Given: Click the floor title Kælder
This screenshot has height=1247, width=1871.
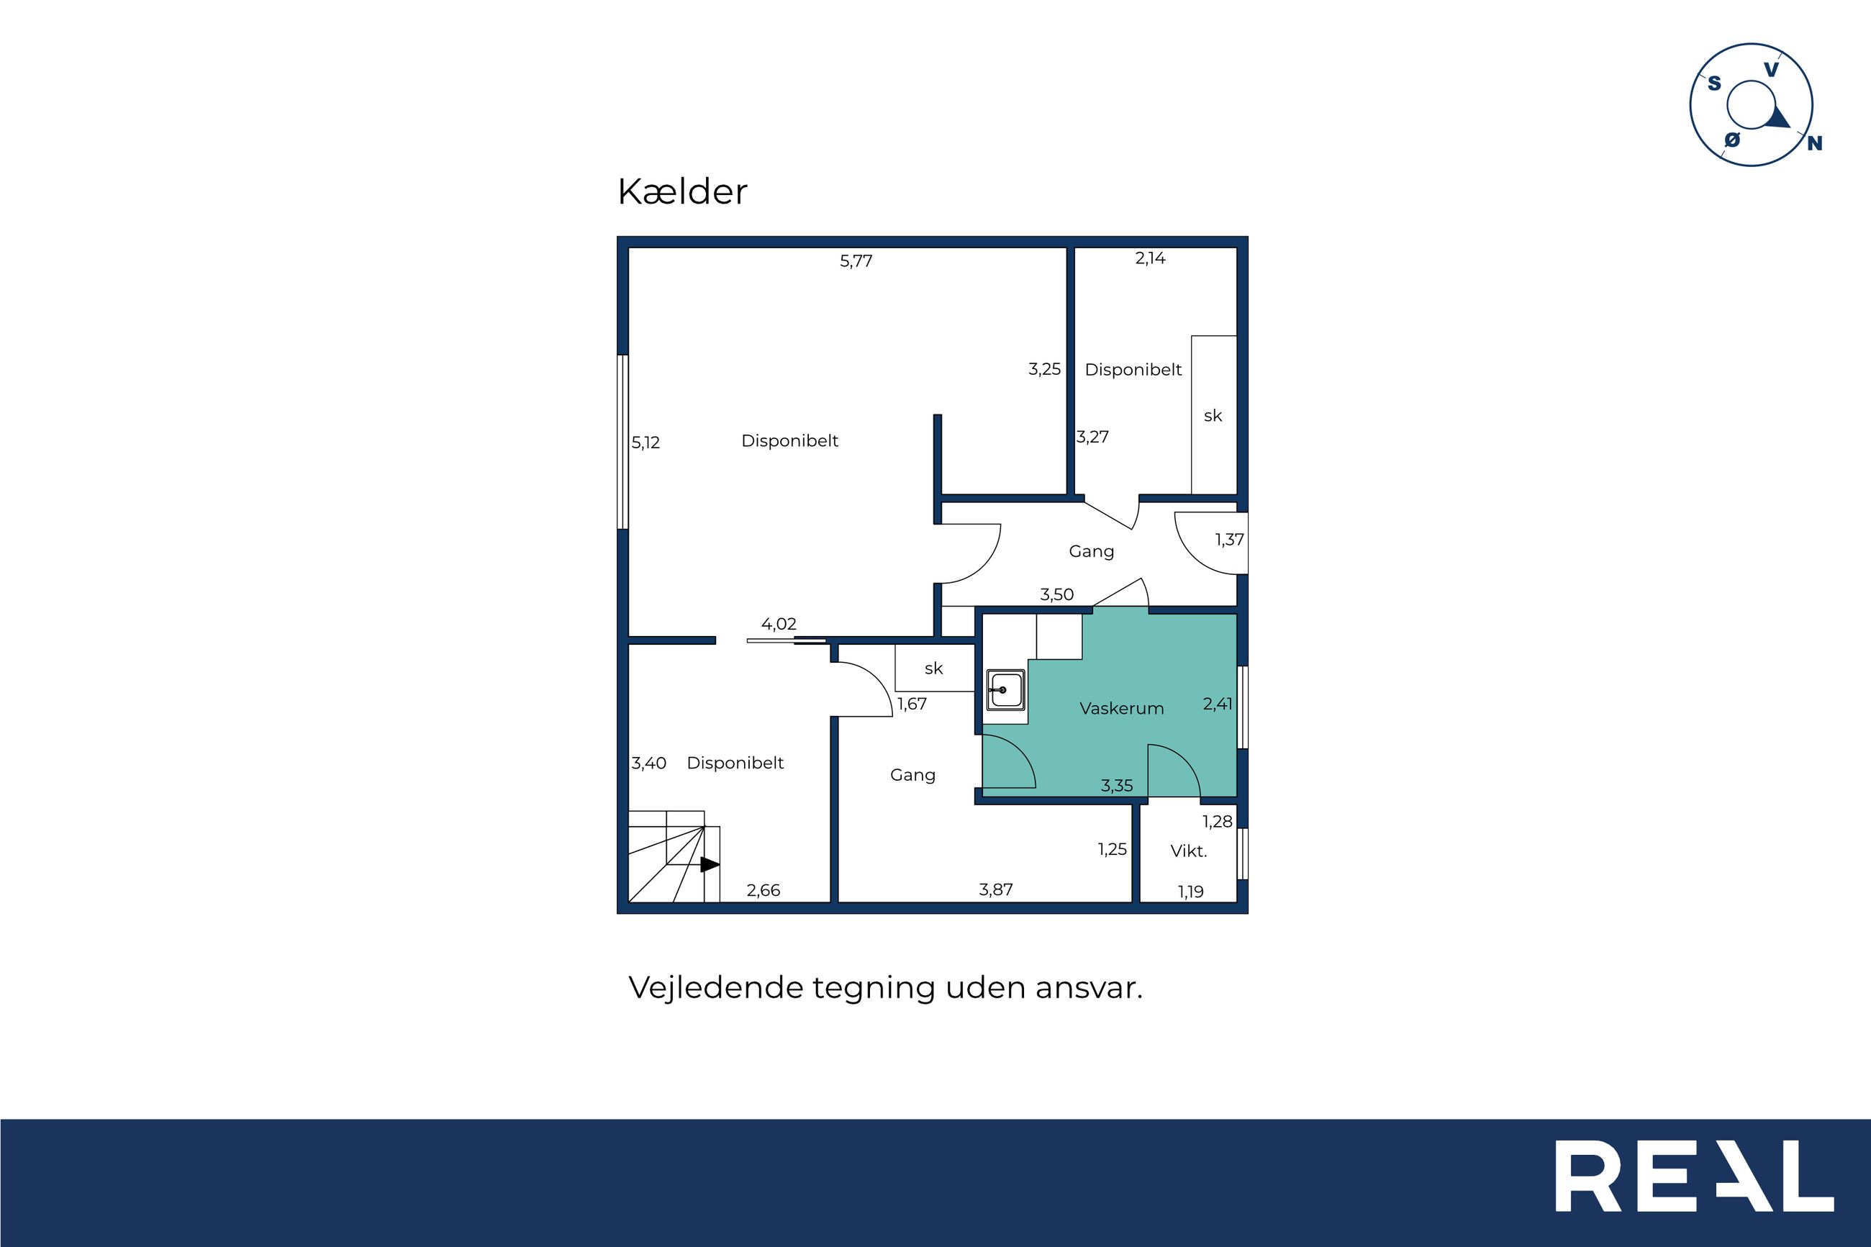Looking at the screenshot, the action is [682, 191].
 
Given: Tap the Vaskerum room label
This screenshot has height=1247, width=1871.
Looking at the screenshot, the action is [1121, 708].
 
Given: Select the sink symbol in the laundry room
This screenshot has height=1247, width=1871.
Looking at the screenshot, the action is [1006, 689].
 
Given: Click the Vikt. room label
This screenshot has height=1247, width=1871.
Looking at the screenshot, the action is [1189, 851].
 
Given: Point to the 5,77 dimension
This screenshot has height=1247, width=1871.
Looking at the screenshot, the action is [856, 261].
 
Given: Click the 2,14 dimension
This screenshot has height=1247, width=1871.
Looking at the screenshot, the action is [1150, 258].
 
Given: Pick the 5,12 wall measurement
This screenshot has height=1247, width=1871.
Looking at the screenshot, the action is [645, 443].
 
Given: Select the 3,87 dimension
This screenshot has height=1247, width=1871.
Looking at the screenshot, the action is [995, 889].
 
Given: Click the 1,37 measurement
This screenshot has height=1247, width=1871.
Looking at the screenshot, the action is [1229, 539].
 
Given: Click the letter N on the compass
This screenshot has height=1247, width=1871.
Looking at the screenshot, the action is [1815, 144].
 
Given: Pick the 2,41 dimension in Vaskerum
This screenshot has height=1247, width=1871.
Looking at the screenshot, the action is [1218, 704].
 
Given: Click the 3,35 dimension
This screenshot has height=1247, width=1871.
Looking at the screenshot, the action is [1116, 786].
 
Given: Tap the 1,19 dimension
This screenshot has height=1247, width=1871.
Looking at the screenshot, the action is [1190, 892].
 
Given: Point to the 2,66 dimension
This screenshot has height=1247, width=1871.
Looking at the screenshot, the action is [764, 890].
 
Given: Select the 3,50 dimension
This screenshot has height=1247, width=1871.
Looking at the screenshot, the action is [1057, 594].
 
